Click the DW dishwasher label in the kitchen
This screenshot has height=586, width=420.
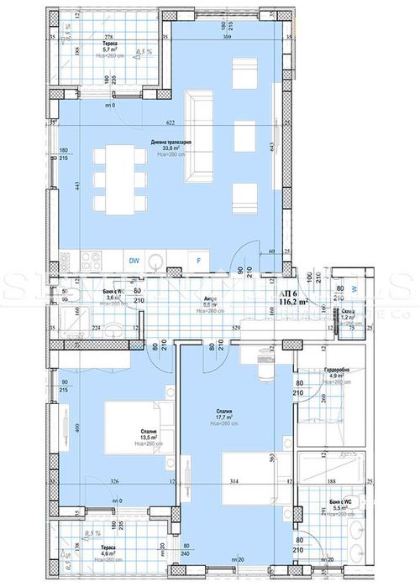click(134, 261)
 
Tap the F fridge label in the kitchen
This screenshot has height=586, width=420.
click(198, 261)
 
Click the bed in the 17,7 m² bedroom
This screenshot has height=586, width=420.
click(252, 476)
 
